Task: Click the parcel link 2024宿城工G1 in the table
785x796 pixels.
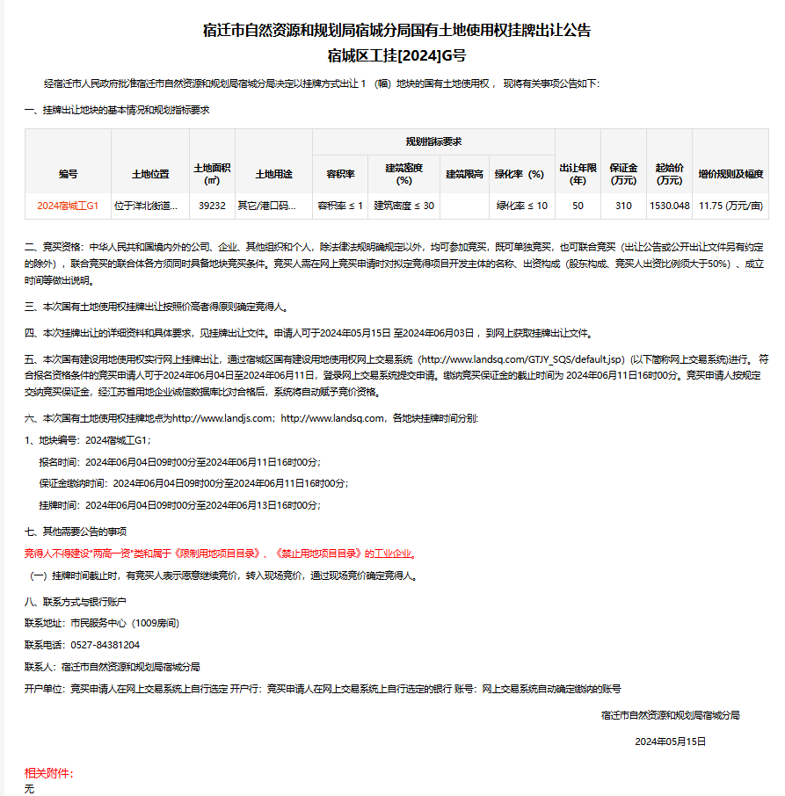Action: pos(68,206)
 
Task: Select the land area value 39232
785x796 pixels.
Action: pos(212,206)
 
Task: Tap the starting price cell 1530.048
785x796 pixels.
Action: pos(669,206)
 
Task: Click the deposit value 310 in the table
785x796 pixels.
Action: pos(623,206)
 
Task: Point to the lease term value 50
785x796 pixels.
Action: pos(578,206)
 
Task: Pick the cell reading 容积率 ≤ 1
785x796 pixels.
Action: pos(340,206)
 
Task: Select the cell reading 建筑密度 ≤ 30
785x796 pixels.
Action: pos(403,206)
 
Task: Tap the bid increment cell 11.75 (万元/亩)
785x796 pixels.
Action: pos(730,206)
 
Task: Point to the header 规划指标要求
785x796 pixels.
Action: pos(433,141)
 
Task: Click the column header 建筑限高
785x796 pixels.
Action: pos(464,174)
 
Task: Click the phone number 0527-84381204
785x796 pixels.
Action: pos(105,645)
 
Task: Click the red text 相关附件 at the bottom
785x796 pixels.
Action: pos(47,773)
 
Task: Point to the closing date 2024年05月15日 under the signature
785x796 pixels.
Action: pos(670,742)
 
